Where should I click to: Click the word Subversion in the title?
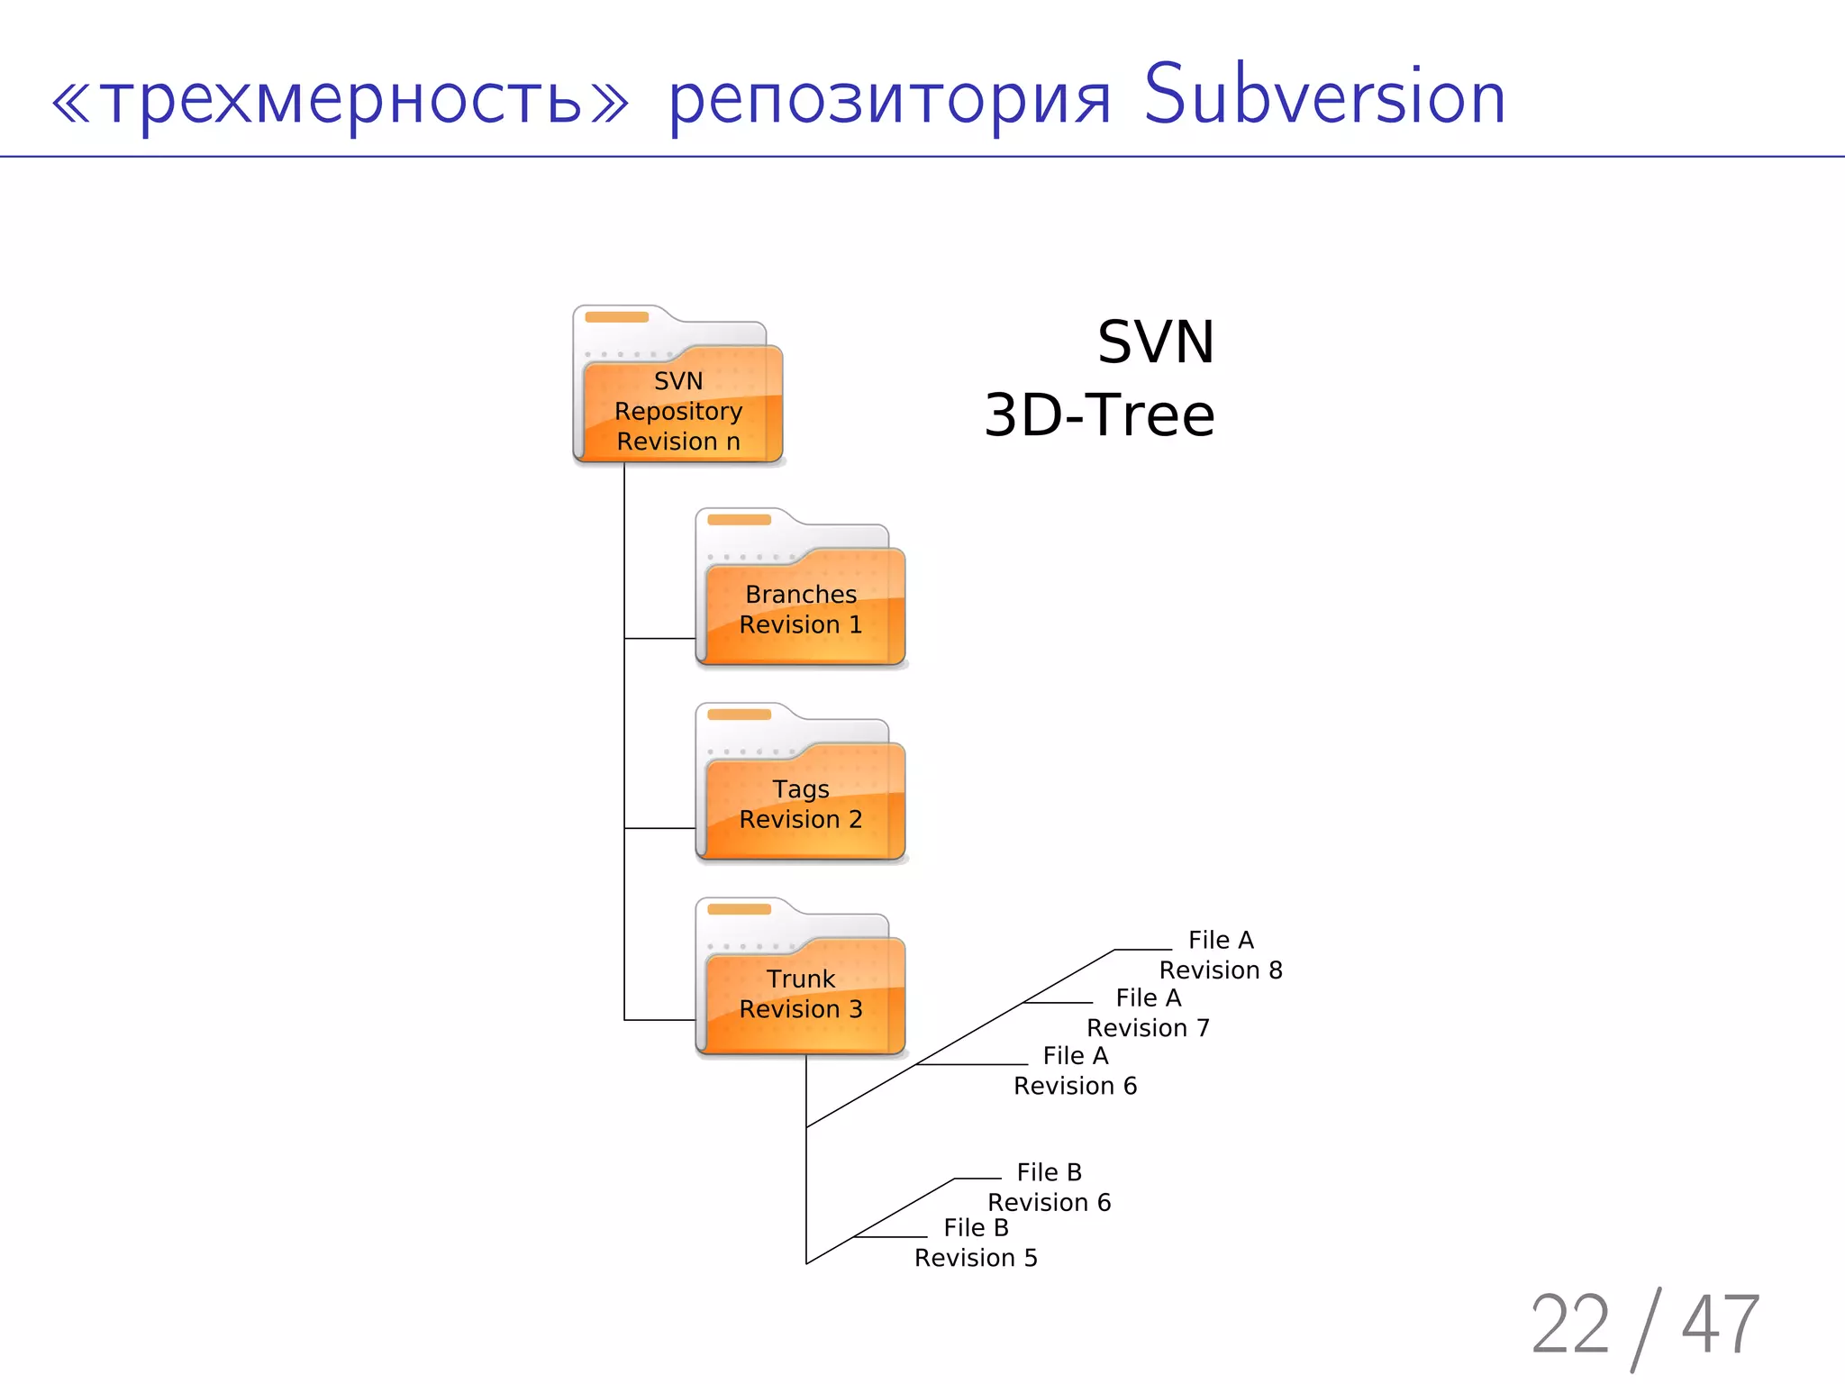pos(1323,96)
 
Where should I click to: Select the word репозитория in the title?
pos(890,101)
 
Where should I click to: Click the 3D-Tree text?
pos(1099,415)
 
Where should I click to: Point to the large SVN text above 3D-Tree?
pos(1155,342)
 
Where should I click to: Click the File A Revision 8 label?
pos(1221,955)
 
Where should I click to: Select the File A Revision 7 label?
pos(1148,1013)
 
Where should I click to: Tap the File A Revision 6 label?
pos(1075,1070)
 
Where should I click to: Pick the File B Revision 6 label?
pos(1049,1187)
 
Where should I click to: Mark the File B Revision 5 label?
pos(976,1243)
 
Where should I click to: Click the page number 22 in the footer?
pos(1569,1325)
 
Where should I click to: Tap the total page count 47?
pos(1720,1325)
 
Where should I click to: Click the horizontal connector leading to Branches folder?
pos(659,639)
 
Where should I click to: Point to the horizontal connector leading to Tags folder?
pos(659,828)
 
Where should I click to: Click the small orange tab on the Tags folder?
pos(739,715)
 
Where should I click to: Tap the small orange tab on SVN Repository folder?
pos(616,317)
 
